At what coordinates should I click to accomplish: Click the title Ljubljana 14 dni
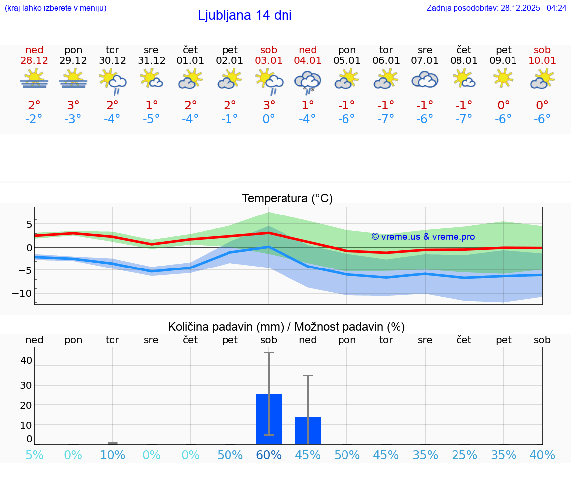244,15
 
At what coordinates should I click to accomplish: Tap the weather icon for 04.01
308,82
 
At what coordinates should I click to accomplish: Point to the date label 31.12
151,60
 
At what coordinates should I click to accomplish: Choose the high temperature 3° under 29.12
73,105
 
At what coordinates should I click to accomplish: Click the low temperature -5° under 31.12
151,119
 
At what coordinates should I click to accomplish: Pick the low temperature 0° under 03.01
269,119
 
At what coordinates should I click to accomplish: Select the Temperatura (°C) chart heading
287,198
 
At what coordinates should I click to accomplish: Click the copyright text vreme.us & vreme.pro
423,237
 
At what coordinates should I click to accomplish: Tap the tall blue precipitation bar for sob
269,419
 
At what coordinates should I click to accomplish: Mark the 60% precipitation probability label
269,455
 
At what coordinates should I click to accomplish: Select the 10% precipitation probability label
113,455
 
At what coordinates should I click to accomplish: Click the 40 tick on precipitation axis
26,360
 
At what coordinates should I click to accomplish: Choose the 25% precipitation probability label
464,455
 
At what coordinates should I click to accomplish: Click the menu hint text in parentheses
56,8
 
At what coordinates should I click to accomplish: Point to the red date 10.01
542,60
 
